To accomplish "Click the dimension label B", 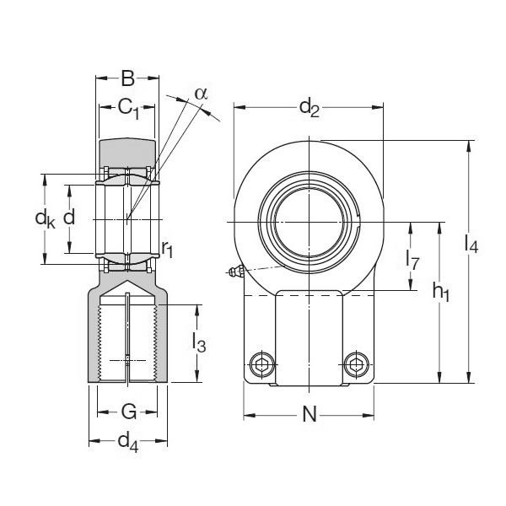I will [x=127, y=80].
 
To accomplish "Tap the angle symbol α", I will [x=200, y=93].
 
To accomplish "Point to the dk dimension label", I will [x=45, y=218].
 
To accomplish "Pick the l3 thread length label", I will [x=199, y=342].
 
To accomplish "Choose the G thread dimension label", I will [x=128, y=412].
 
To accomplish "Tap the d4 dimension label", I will [x=128, y=441].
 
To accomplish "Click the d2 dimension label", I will [x=310, y=107].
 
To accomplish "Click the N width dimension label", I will [x=309, y=415].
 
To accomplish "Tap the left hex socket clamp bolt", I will [x=261, y=364].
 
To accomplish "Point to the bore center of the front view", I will [x=309, y=221].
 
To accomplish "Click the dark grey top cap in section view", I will [x=127, y=152].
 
